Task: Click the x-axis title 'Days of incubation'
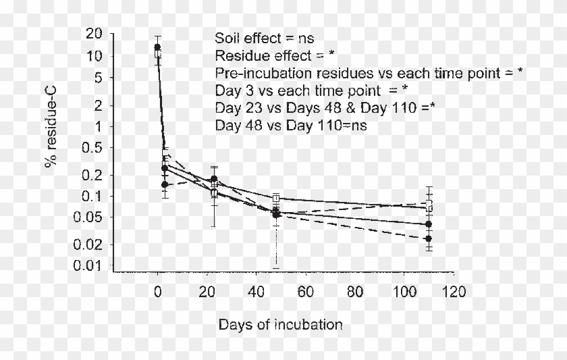pos(280,325)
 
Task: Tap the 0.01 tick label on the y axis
pos(90,265)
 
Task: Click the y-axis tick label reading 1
pos(99,126)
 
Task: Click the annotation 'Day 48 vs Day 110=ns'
pos(291,125)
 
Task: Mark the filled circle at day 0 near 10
pos(157,47)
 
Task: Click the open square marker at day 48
pos(276,199)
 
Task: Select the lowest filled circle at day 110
pos(429,238)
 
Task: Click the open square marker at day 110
pos(429,207)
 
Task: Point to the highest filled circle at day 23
pos(214,179)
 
